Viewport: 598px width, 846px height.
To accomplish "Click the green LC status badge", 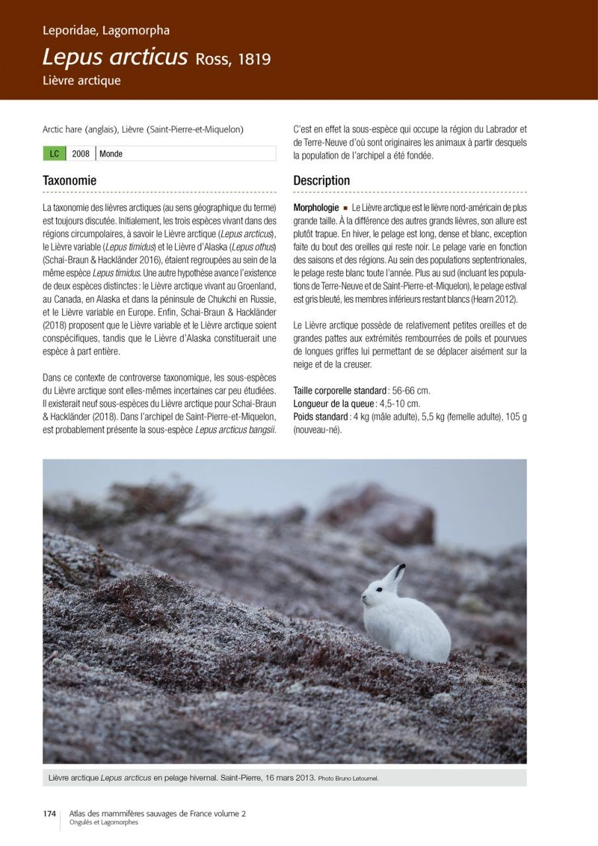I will (x=54, y=154).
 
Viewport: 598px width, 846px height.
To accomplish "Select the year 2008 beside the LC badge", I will (x=81, y=154).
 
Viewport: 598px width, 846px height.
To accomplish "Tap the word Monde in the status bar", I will (x=111, y=154).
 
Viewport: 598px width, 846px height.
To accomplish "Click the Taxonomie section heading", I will (x=69, y=180).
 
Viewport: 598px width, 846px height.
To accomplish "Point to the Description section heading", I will (x=322, y=180).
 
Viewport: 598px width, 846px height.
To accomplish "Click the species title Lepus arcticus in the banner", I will (x=115, y=58).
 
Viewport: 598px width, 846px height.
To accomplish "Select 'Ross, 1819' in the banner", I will (x=233, y=59).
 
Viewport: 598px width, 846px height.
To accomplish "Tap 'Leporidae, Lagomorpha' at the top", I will (x=106, y=30).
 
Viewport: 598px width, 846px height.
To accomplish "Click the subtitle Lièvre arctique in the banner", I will (x=81, y=81).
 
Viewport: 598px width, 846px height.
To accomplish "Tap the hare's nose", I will (x=363, y=597).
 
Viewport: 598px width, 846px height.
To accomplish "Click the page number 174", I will (x=50, y=814).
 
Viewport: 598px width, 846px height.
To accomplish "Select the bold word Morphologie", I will (x=316, y=208).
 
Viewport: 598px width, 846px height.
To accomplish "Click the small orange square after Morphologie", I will (x=346, y=208).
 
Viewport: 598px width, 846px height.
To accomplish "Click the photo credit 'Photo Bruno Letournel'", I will (x=348, y=779).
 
